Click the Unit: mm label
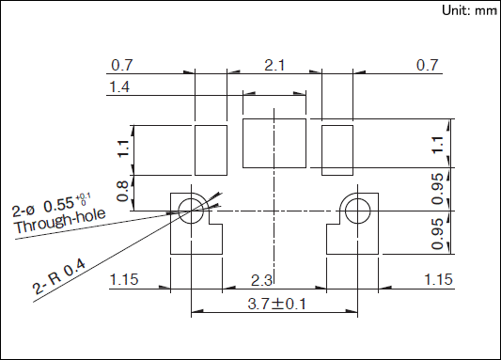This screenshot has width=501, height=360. point(470,10)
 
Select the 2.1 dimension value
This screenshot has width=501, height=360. point(274,66)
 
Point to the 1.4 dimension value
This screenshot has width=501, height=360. point(119,86)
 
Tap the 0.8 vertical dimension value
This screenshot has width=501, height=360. point(122,192)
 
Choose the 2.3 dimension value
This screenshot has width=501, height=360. point(261,280)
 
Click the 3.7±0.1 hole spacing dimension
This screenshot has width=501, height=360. point(277,304)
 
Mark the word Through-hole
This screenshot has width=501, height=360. point(59,220)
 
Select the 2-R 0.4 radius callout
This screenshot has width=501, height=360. point(59,276)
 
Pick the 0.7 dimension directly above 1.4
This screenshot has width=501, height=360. point(122,65)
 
